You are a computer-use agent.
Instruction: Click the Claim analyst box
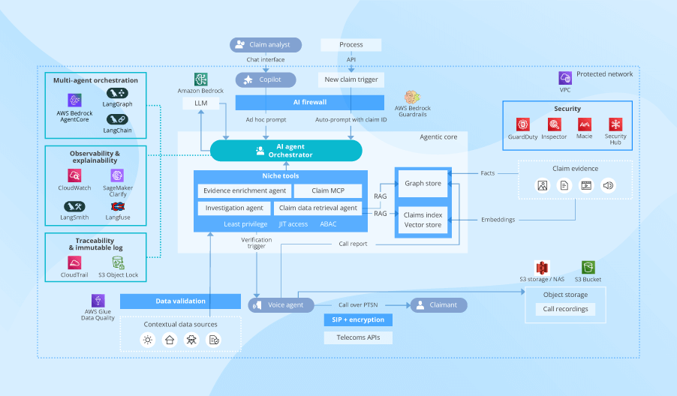[x=266, y=45]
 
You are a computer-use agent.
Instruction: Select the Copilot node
[x=266, y=79]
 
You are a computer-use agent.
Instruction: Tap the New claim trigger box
[x=351, y=79]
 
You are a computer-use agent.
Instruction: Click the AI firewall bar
[x=309, y=102]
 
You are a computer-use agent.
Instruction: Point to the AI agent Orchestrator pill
[x=285, y=151]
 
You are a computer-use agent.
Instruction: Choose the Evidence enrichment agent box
[x=245, y=191]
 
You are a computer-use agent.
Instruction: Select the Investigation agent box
[x=234, y=208]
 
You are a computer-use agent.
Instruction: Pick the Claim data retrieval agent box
[x=318, y=208]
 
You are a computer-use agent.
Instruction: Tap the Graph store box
[x=423, y=183]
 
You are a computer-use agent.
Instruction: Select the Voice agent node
[x=281, y=304]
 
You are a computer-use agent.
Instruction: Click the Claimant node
[x=438, y=304]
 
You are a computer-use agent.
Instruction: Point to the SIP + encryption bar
[x=358, y=320]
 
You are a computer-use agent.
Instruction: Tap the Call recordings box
[x=566, y=309]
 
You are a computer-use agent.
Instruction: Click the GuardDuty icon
[x=522, y=124]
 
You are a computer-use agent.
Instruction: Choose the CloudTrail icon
[x=74, y=262]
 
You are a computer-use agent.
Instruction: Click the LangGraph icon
[x=117, y=94]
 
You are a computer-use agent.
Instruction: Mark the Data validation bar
[x=180, y=301]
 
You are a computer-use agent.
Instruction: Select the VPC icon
[x=565, y=78]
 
